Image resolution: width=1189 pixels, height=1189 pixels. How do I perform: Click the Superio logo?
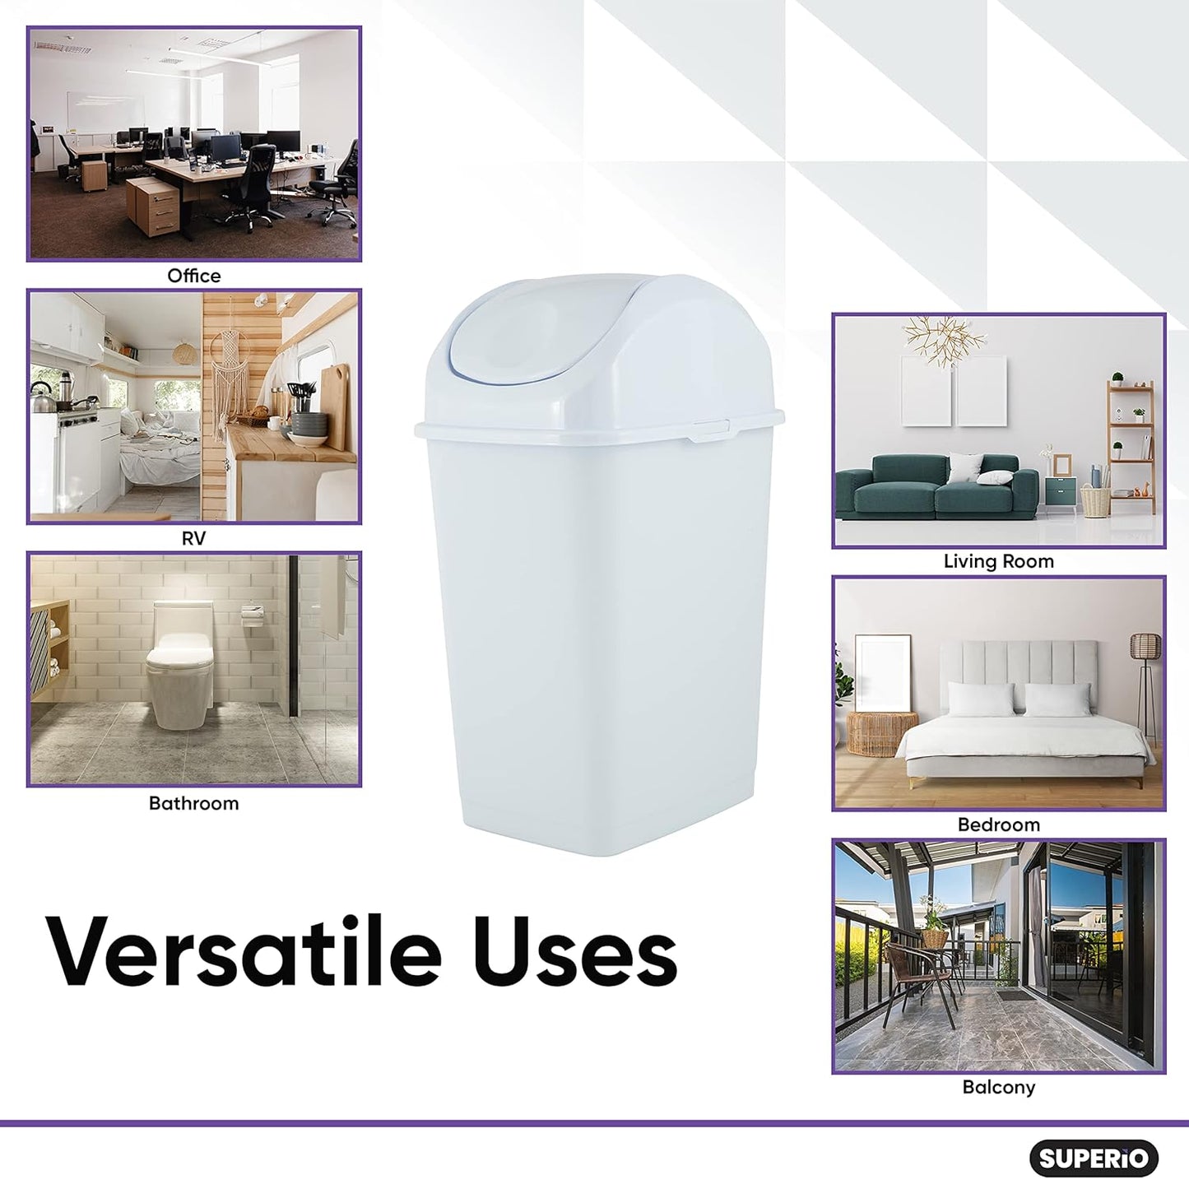(1094, 1159)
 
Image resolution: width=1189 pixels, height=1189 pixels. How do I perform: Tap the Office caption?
(194, 276)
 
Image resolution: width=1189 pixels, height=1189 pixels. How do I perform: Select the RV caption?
(193, 538)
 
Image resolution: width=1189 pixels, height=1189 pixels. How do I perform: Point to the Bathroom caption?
(193, 803)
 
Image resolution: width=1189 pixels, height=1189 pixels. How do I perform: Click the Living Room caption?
(998, 561)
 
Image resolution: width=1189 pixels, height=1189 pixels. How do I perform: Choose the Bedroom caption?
(998, 824)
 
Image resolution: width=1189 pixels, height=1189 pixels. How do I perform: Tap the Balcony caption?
(998, 1087)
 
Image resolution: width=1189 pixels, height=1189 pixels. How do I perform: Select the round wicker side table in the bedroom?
(881, 732)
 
